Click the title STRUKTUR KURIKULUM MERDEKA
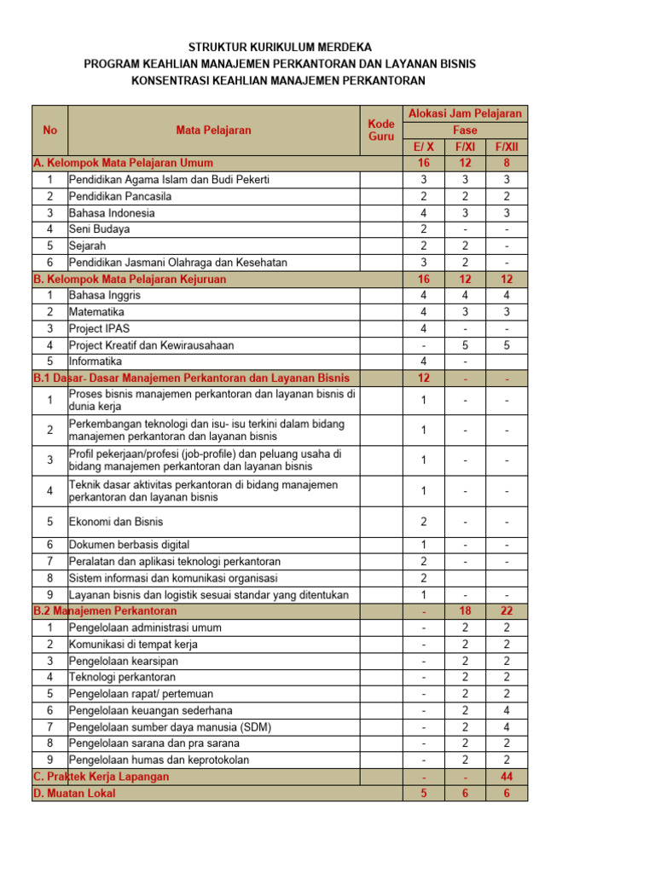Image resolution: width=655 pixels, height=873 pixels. [280, 48]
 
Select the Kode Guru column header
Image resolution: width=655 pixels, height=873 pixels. [380, 130]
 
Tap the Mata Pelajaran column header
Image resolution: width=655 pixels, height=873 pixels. [213, 130]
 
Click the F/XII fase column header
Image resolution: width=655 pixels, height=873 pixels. [507, 147]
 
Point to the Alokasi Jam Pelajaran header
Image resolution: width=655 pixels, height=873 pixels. [465, 113]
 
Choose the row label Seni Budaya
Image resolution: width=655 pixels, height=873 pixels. [100, 229]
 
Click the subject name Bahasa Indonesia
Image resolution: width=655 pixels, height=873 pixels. [112, 213]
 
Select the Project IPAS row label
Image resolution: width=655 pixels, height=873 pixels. [100, 329]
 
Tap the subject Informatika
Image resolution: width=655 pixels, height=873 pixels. [96, 361]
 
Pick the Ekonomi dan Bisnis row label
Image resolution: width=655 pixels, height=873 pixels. [116, 522]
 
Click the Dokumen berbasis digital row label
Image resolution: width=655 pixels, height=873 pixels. [129, 545]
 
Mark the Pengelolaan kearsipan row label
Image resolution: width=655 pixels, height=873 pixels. [124, 661]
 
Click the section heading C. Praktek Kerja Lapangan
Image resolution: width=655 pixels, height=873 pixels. [101, 777]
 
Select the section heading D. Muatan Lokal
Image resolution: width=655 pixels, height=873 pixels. [74, 793]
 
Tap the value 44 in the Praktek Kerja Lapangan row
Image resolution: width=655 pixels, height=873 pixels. [507, 777]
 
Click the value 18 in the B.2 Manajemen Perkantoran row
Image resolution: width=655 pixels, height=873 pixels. [466, 611]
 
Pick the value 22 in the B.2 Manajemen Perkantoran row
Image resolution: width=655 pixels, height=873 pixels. [507, 611]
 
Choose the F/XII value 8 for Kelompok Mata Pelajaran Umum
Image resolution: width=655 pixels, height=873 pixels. [507, 163]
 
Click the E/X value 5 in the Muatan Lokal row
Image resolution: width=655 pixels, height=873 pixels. [424, 793]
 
